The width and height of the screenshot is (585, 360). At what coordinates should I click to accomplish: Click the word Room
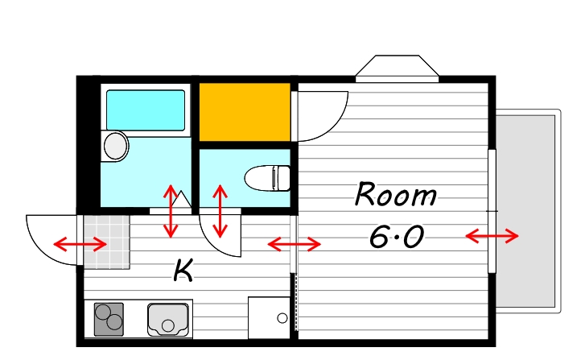click(395, 194)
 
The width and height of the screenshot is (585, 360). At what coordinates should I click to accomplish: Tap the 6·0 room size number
click(397, 237)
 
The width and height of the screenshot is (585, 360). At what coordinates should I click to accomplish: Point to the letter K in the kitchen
click(183, 271)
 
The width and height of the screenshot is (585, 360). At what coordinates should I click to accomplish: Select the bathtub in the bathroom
click(146, 110)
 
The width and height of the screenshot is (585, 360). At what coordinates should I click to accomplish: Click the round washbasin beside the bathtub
click(115, 146)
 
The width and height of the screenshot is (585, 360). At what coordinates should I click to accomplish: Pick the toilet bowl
click(267, 178)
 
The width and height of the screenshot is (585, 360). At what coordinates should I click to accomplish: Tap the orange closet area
click(245, 112)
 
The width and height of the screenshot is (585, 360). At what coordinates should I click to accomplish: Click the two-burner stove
click(109, 319)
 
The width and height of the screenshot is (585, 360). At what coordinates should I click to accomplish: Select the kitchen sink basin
click(168, 320)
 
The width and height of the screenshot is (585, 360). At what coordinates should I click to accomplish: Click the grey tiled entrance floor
click(107, 242)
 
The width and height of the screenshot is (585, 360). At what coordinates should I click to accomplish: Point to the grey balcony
click(528, 211)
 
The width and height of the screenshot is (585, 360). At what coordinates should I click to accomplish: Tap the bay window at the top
click(397, 68)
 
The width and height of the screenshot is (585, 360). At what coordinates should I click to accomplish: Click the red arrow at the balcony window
click(492, 236)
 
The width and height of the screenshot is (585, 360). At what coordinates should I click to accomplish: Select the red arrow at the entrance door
click(80, 245)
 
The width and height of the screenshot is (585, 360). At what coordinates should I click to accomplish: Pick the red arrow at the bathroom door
click(171, 211)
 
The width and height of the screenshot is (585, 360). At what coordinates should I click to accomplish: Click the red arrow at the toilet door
click(220, 211)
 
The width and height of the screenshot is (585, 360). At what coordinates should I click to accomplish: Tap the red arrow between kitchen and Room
click(295, 244)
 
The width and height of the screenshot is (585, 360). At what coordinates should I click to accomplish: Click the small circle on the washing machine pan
click(282, 318)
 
